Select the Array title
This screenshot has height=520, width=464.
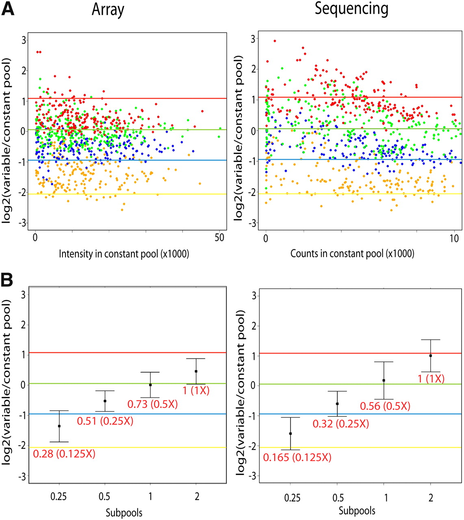108,9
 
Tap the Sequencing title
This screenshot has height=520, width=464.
352,9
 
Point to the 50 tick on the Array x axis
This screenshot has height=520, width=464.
219,238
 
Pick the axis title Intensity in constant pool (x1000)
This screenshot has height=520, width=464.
124,254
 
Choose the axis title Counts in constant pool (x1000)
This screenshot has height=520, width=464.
352,254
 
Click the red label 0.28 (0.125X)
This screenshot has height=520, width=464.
64,453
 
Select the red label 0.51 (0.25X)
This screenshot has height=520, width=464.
105,421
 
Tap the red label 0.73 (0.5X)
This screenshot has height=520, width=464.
153,404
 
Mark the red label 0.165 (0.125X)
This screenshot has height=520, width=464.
297,457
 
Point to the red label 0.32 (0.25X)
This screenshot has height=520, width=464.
340,424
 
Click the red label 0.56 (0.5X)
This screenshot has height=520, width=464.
385,406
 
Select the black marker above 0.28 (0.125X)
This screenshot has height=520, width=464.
59,426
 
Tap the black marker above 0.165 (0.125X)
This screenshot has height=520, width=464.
290,433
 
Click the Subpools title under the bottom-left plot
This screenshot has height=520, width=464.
124,513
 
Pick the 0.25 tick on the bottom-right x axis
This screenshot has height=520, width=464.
290,498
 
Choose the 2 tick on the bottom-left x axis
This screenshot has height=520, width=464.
196,496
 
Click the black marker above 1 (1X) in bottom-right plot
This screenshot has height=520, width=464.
430,355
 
